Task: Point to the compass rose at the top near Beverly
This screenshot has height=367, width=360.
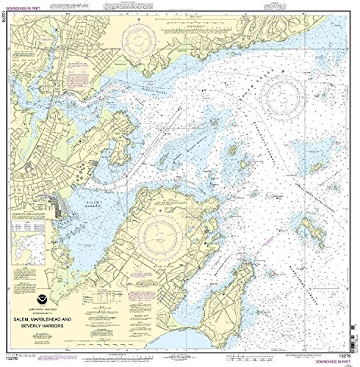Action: click(x=144, y=34)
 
